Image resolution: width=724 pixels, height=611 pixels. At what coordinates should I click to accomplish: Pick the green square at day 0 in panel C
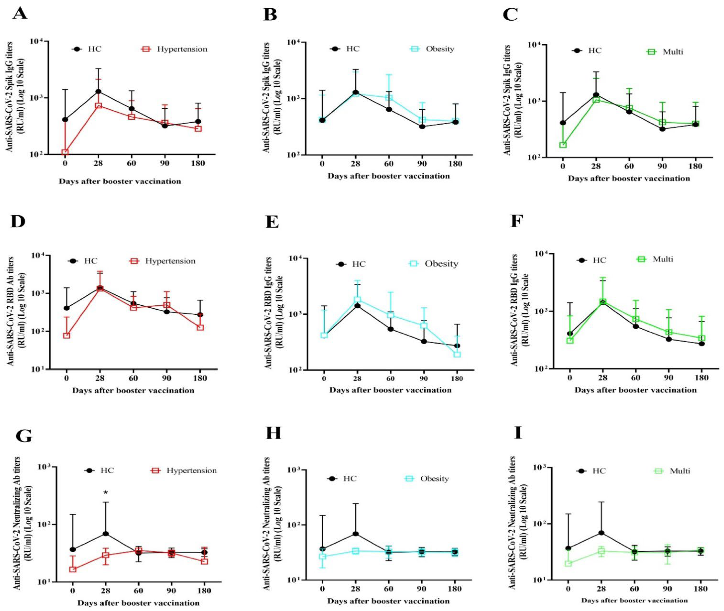click(563, 145)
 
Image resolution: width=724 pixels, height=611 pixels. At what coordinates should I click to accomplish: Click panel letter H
click(273, 434)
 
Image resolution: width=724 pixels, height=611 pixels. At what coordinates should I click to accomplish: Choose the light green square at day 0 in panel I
click(568, 564)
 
